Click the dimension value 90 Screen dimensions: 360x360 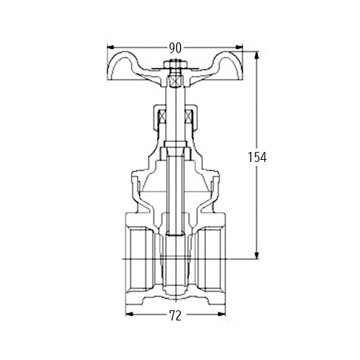click(x=175, y=48)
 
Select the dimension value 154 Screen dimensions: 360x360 click(x=257, y=158)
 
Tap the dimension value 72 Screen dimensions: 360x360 click(x=176, y=315)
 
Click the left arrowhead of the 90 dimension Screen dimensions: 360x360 click(x=110, y=47)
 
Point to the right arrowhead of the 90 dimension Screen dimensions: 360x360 click(x=239, y=47)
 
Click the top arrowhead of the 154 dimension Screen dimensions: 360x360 click(x=257, y=55)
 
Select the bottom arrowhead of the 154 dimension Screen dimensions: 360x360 click(x=257, y=256)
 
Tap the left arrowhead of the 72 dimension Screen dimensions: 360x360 click(x=129, y=314)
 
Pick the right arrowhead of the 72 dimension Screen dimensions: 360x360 click(x=222, y=314)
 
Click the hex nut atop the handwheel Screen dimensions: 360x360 click(x=175, y=64)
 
